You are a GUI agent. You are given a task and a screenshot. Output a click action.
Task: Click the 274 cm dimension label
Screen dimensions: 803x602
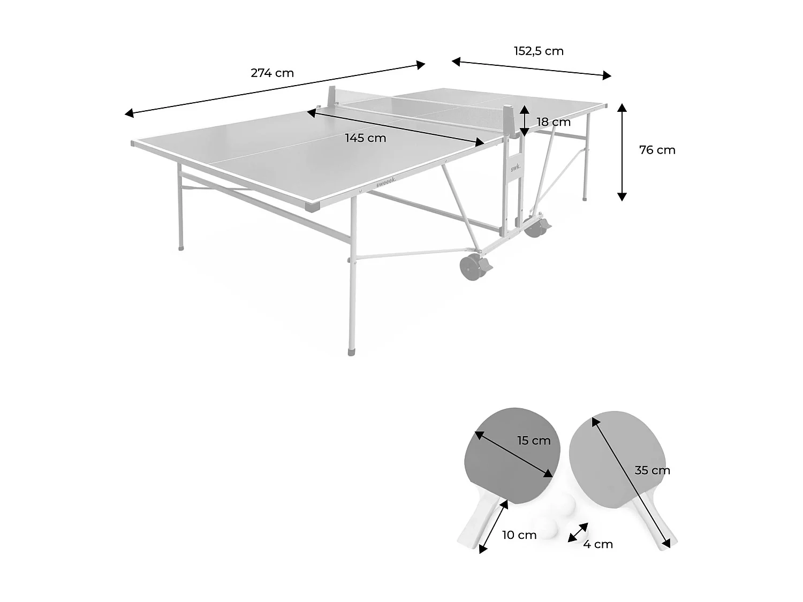tap(272, 73)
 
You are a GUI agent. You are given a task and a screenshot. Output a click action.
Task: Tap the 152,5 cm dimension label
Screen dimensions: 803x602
tap(539, 51)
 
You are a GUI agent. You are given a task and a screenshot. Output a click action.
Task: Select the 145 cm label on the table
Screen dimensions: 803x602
tap(365, 138)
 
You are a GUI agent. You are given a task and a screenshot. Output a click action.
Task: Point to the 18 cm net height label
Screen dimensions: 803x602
tap(554, 122)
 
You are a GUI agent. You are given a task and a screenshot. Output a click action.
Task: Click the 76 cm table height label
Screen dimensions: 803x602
tap(657, 150)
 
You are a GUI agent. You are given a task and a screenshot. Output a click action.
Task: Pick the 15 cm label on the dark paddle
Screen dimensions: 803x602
tap(534, 440)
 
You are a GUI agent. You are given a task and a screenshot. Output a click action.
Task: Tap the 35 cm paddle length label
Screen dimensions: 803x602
tap(652, 470)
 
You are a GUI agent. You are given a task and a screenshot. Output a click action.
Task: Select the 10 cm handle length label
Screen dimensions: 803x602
tap(519, 535)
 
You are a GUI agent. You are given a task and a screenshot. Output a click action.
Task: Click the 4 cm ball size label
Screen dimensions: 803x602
tap(598, 544)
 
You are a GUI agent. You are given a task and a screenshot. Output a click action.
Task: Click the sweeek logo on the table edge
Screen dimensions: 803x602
tap(386, 183)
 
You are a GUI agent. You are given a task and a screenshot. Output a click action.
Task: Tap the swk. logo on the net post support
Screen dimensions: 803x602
tap(514, 167)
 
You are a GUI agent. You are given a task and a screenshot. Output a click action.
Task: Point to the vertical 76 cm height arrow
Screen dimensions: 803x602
tap(622, 152)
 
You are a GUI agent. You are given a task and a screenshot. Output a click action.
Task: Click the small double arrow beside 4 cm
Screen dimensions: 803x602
tap(578, 532)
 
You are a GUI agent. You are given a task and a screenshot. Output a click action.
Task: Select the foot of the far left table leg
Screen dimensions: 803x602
tap(180, 248)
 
